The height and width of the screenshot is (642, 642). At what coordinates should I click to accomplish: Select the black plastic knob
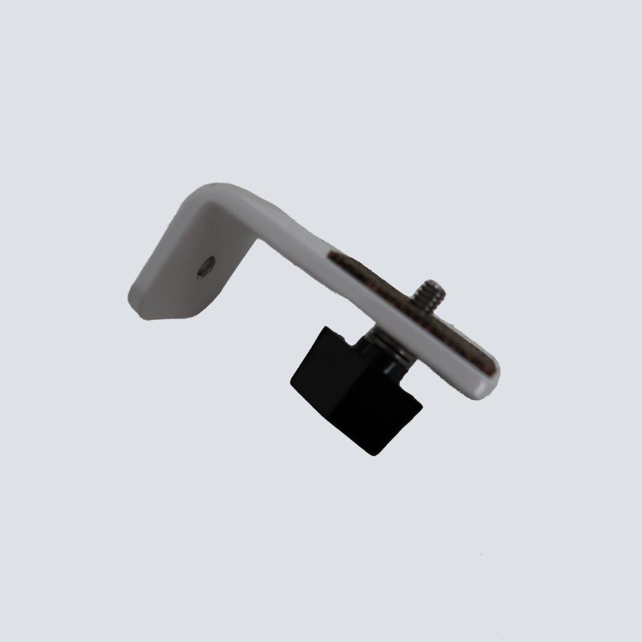[351, 389]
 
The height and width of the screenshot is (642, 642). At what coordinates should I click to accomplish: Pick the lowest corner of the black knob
[372, 452]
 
